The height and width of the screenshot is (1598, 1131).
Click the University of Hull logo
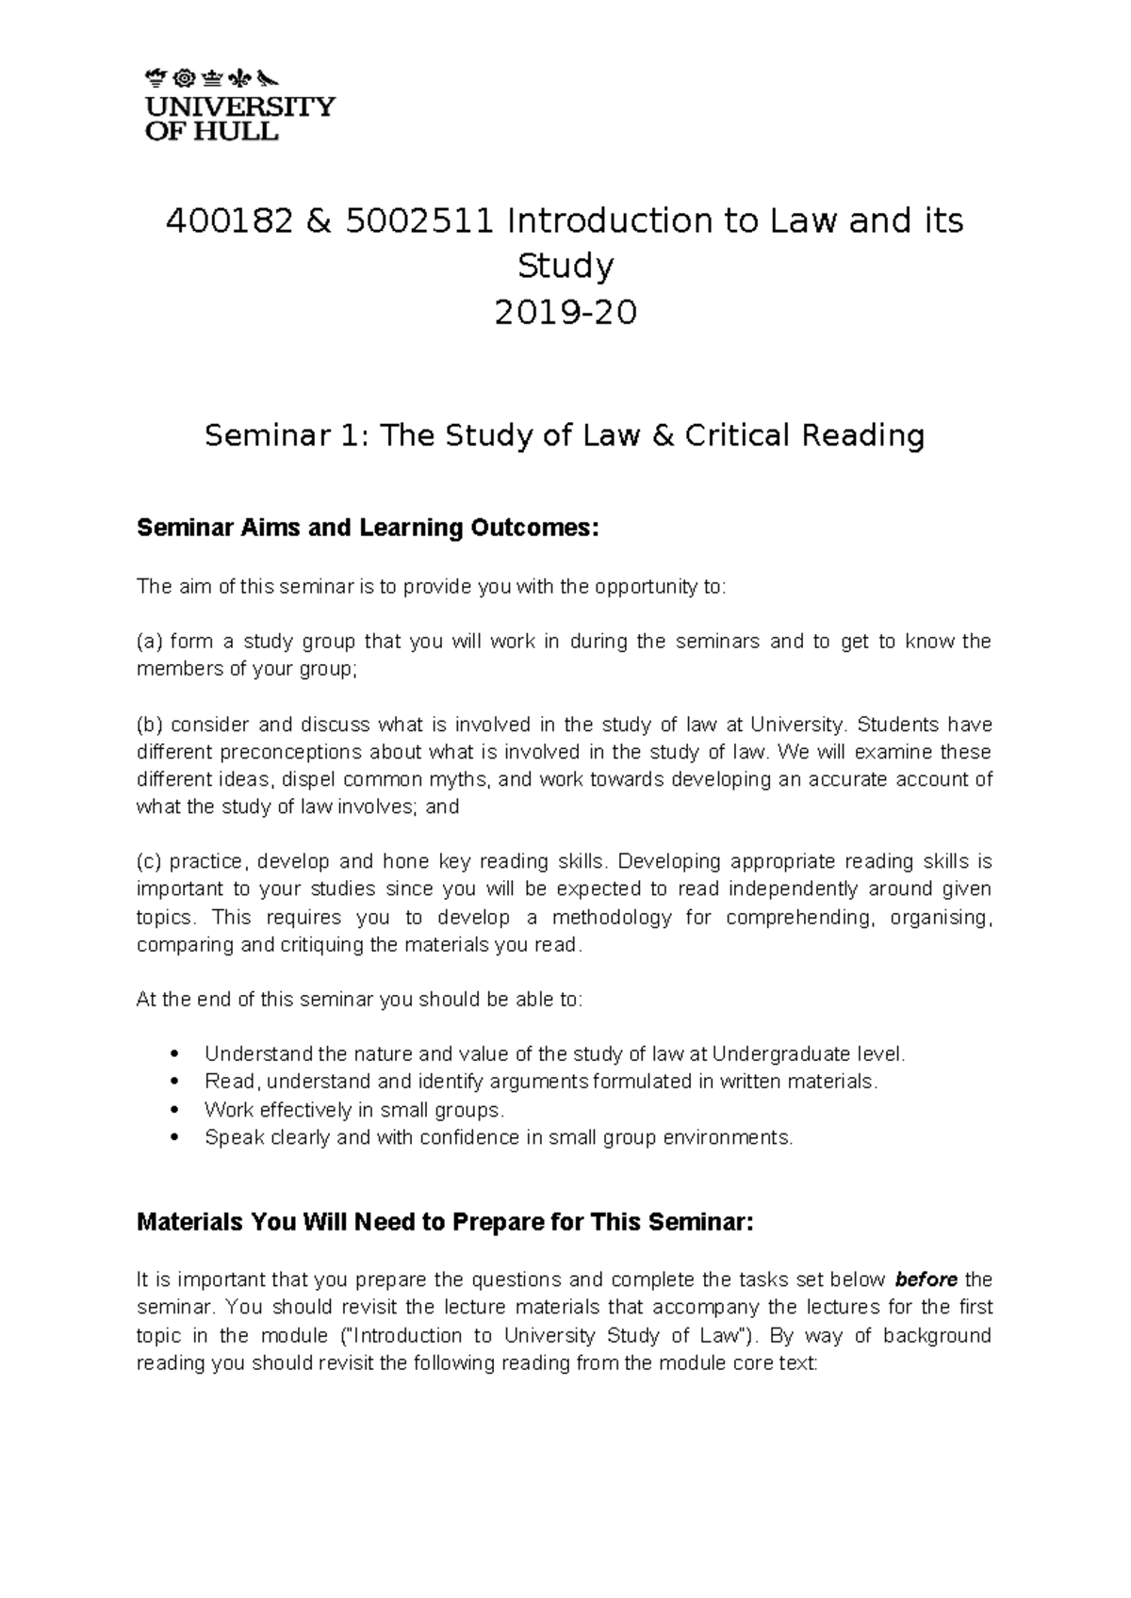coord(239,105)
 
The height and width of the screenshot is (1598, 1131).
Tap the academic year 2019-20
coord(565,312)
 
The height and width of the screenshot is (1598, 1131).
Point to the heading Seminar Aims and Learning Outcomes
coord(368,528)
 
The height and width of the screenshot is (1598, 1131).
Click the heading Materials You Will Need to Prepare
coord(445,1223)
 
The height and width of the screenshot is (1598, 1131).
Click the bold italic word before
coord(926,1280)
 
